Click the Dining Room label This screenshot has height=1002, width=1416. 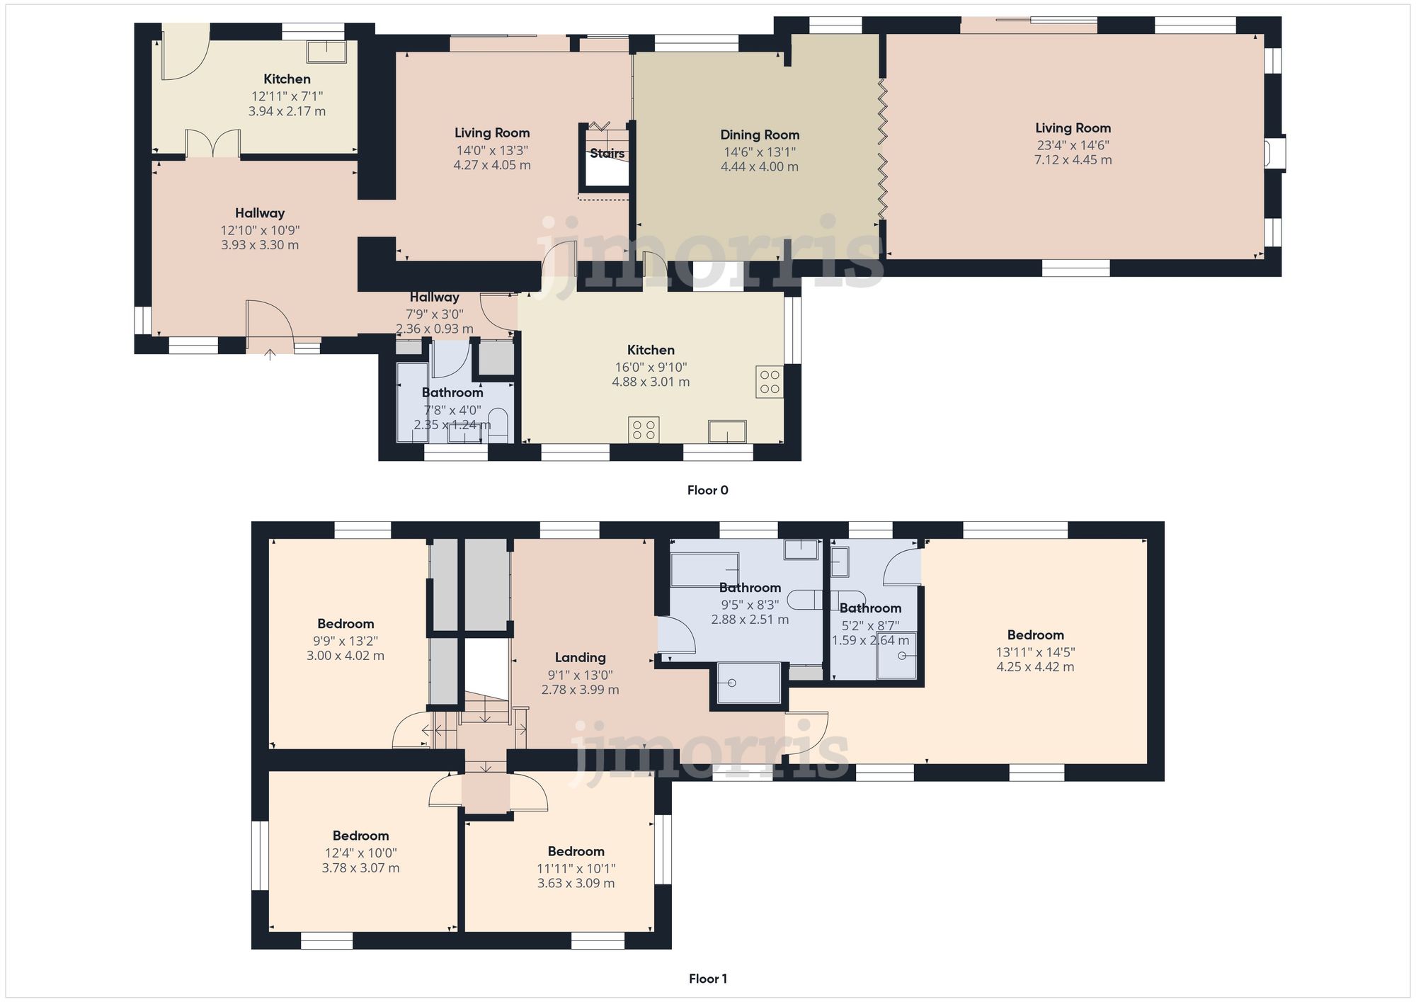760,135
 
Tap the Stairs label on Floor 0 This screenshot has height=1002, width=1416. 607,153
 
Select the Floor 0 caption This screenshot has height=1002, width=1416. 707,490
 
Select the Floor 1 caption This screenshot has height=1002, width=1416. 707,979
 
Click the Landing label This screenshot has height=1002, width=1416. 580,658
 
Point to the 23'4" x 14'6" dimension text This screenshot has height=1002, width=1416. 1073,145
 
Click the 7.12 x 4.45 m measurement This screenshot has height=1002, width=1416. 1073,160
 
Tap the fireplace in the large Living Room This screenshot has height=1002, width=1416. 1275,153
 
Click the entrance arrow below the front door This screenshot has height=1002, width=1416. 270,354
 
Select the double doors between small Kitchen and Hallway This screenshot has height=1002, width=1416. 212,143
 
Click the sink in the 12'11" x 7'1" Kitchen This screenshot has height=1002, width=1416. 326,51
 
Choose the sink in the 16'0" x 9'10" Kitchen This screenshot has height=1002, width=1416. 727,431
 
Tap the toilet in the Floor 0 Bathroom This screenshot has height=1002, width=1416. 498,423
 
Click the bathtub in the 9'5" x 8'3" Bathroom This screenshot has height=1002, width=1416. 704,569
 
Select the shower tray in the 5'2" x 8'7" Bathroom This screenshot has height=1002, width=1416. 896,656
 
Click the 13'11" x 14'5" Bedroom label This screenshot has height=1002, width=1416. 1035,635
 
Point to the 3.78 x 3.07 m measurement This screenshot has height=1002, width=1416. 360,868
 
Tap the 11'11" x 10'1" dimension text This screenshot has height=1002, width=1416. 576,869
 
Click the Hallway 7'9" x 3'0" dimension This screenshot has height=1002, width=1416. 435,314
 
